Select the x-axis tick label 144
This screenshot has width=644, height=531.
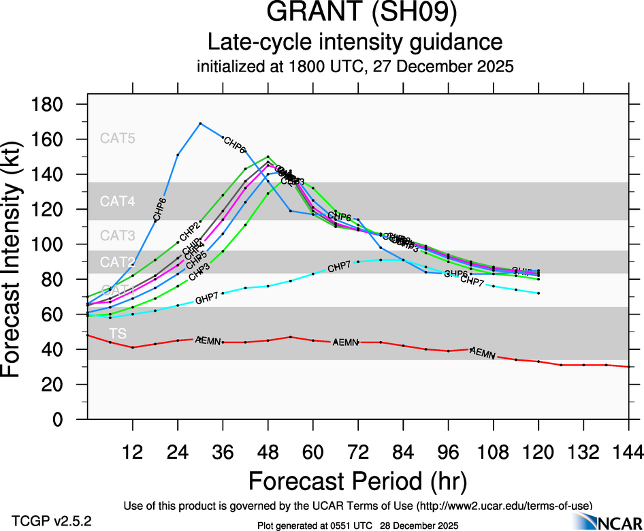point(628,451)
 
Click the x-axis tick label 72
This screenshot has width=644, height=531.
point(357,451)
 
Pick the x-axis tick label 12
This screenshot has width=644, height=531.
point(133,451)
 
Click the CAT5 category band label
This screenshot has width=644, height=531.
point(118,138)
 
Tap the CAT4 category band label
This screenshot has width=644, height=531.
point(118,202)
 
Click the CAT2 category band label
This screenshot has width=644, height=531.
point(118,262)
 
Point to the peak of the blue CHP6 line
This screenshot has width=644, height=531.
point(200,123)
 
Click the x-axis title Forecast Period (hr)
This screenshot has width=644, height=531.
point(357,481)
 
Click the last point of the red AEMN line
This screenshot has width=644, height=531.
point(628,366)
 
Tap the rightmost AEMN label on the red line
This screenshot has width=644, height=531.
point(483,353)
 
